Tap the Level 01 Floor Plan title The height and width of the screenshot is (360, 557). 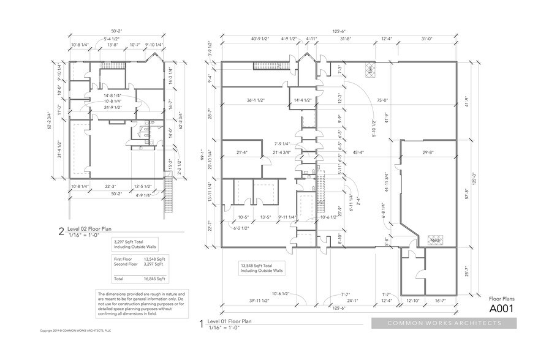(229, 321)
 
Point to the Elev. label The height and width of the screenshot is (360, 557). (371, 69)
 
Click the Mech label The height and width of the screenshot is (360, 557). (436, 240)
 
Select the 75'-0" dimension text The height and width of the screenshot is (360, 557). (384, 100)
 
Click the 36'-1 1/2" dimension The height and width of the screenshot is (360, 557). (256, 100)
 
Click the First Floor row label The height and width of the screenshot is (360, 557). (123, 259)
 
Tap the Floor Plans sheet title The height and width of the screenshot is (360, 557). (502, 298)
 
